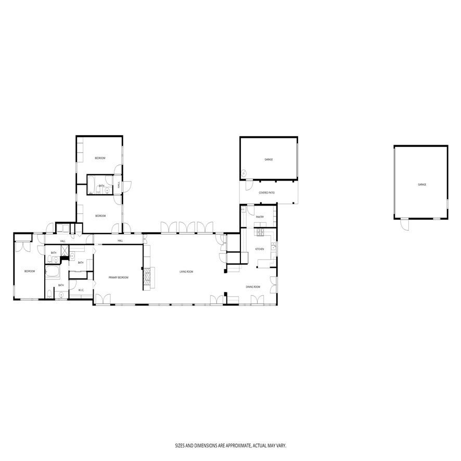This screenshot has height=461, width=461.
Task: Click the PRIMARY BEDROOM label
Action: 119,278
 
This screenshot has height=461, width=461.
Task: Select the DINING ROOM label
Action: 253,286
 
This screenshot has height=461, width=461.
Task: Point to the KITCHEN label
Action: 260,249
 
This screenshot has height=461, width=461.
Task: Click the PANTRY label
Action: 260,217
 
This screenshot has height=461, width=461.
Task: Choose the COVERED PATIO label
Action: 267,193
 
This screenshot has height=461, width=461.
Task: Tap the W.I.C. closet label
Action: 82,290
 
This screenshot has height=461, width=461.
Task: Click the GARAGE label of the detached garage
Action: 421,184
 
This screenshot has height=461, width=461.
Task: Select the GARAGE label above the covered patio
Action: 268,160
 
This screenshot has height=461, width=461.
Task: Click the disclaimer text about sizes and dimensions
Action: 230,446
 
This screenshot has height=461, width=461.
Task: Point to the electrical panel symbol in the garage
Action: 243,173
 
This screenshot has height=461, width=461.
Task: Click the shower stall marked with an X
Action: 64,251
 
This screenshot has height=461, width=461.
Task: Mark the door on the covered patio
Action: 249,185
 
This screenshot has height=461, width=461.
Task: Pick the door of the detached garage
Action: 405,223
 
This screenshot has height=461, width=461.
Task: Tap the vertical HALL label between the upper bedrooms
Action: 120,185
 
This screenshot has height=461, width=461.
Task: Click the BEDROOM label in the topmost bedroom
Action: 100,158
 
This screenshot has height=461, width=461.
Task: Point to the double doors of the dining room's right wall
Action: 274,284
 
